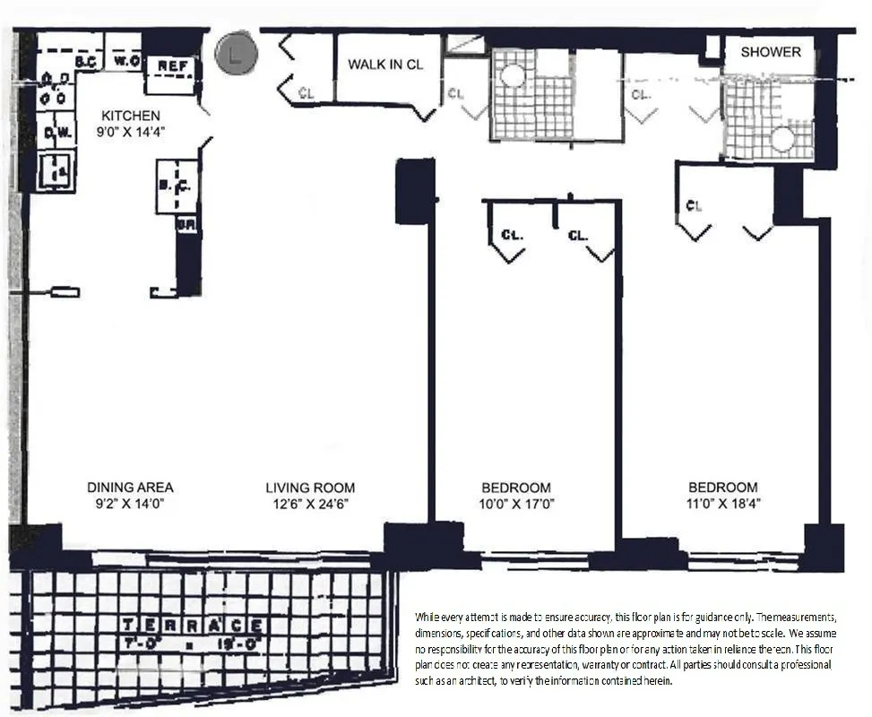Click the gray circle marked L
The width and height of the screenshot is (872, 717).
click(236, 54)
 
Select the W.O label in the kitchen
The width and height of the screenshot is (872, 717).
click(125, 62)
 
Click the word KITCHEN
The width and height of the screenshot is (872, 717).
click(131, 116)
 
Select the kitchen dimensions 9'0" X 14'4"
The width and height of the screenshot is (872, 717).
click(131, 132)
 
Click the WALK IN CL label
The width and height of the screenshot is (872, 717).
click(385, 65)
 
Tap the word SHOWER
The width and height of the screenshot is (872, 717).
click(771, 52)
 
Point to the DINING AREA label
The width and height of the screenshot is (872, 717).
click(130, 488)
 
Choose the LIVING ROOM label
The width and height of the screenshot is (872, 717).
click(310, 488)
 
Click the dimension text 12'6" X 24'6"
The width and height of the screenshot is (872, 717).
click(310, 504)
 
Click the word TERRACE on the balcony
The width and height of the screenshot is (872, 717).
click(192, 625)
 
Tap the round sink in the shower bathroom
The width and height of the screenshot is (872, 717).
click(783, 139)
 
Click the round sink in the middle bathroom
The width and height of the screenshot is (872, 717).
click(512, 75)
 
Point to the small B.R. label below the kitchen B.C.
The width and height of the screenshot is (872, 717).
click(186, 225)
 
